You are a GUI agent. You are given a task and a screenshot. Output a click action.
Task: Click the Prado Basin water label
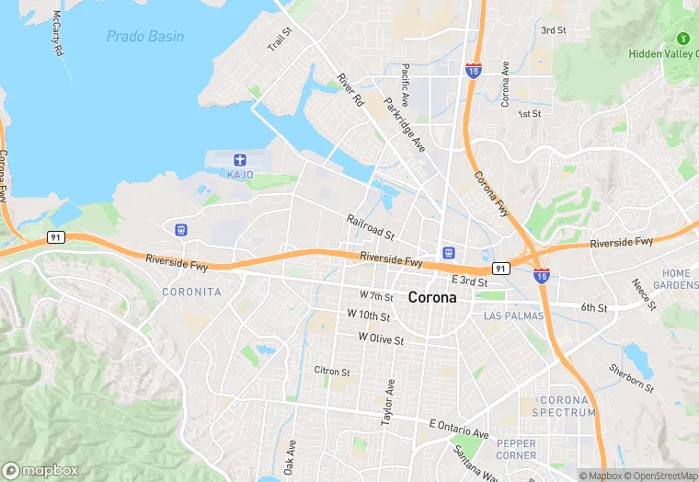pos(144,37)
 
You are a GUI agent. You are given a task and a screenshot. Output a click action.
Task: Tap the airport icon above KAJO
pos(240,160)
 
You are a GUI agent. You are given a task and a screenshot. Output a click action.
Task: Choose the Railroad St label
pos(370,227)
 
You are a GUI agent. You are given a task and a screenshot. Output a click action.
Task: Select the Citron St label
pos(332,372)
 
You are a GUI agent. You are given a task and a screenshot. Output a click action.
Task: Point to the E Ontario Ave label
pos(459,428)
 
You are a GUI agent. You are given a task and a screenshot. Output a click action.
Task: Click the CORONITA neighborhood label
pos(191,292)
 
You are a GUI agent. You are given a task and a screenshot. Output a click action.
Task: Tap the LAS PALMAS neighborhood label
pos(514,316)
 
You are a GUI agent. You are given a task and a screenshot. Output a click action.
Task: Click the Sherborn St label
pos(631,378)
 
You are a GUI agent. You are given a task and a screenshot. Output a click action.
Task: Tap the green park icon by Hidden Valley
pos(683,39)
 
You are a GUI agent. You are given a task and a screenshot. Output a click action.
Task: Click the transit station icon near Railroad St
pos(448,252)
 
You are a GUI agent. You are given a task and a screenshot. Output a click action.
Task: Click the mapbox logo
pos(40,470)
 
